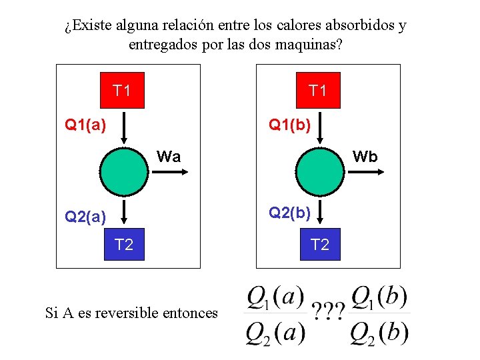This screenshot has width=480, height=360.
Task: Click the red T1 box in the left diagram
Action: click(122, 90)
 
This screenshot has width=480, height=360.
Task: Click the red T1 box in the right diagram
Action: click(318, 90)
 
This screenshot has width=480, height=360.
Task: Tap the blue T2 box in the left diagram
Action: click(123, 245)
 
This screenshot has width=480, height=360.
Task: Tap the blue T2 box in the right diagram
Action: click(319, 245)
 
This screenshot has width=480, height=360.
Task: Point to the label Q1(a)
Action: click(85, 124)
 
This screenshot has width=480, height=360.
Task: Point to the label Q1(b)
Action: click(289, 124)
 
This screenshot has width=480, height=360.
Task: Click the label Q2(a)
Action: click(85, 216)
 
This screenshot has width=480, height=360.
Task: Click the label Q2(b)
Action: click(289, 213)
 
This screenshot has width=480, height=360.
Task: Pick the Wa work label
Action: click(169, 157)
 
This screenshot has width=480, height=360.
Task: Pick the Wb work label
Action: click(365, 157)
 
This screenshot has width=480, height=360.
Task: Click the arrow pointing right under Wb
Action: click(365, 172)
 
